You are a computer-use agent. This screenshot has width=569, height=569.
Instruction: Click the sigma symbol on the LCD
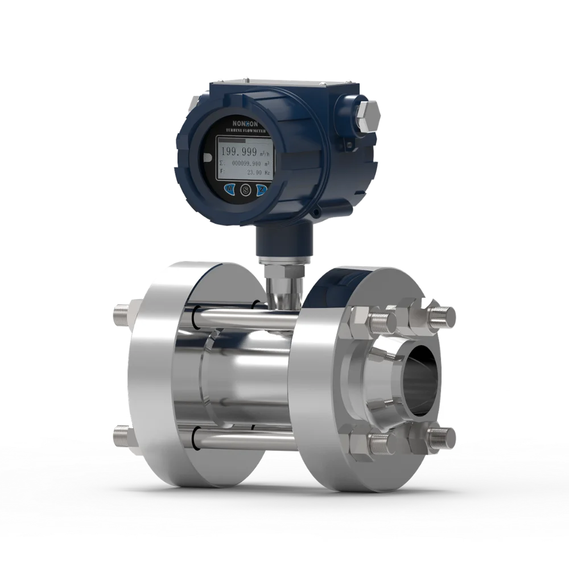point(222,162)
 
